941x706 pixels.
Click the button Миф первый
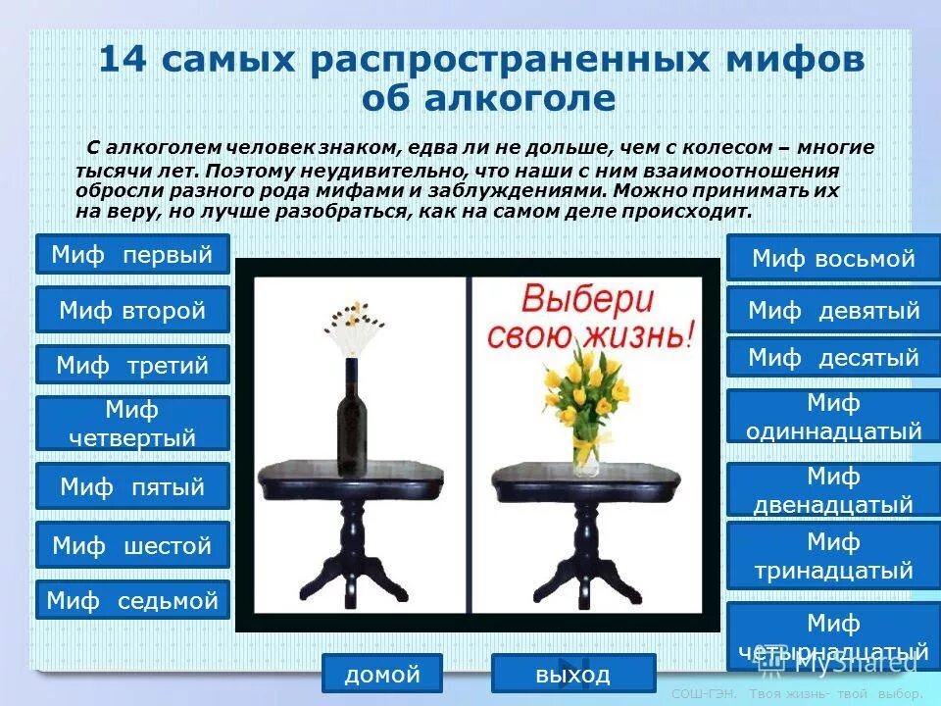[132, 254]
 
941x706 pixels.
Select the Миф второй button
[132, 310]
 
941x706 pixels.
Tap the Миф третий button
[132, 365]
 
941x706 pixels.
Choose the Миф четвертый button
[132, 423]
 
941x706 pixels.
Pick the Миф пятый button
[132, 485]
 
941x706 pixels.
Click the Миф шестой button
[132, 544]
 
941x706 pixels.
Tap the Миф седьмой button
[132, 599]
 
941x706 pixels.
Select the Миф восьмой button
[833, 258]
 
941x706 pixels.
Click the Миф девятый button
[833, 310]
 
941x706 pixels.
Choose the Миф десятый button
[833, 357]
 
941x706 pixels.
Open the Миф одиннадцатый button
[833, 416]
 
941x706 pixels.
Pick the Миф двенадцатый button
[833, 489]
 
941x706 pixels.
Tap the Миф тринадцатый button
[833, 555]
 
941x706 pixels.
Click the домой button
[382, 674]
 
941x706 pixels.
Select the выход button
[573, 674]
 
